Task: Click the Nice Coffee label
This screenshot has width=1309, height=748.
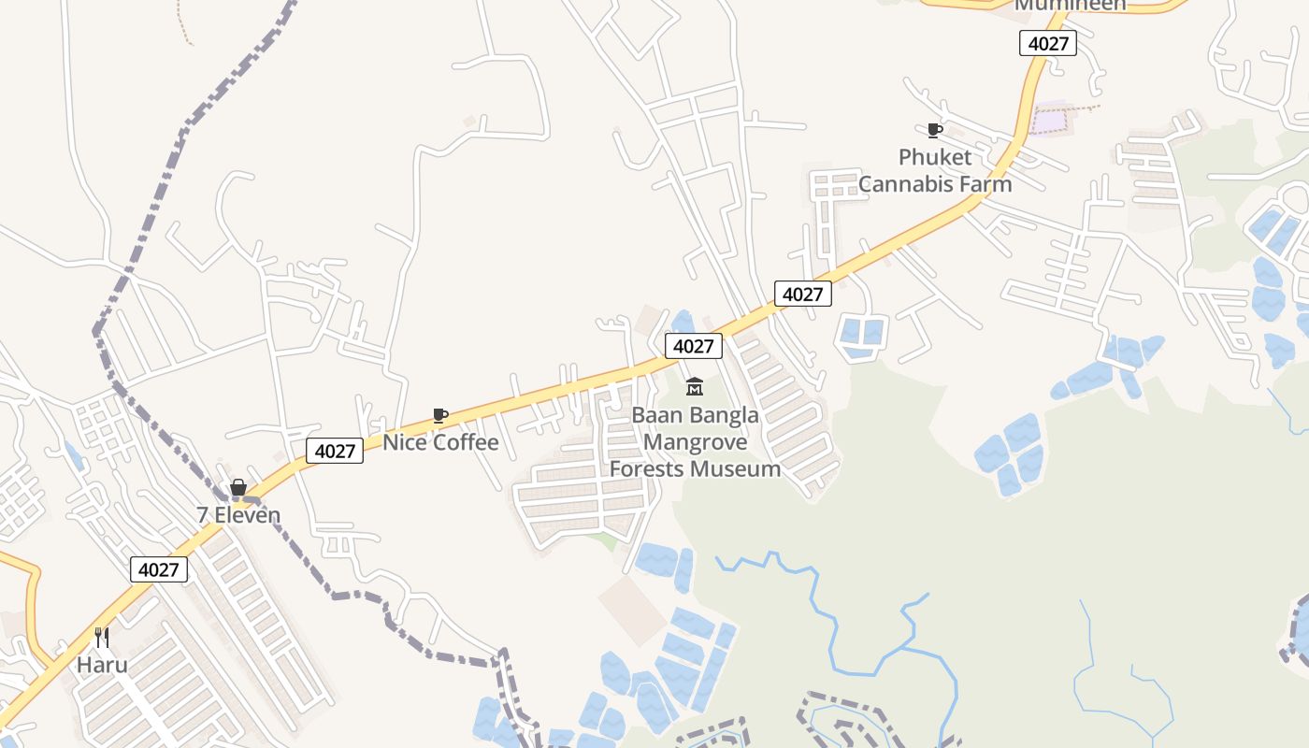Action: coord(440,442)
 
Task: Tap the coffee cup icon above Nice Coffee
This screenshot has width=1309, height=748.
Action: coord(439,415)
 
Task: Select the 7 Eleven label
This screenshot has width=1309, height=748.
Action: coord(238,515)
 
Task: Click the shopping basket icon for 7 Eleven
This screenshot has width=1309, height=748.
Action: coord(238,487)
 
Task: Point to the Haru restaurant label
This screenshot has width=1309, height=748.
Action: coord(102,666)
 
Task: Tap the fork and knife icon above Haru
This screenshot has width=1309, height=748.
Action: coord(102,639)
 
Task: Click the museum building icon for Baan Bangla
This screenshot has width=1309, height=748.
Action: coord(695,385)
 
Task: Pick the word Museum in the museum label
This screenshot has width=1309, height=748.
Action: coord(743,468)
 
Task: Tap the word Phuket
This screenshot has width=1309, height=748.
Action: coord(935,157)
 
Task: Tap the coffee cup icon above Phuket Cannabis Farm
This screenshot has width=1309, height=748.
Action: coord(933,130)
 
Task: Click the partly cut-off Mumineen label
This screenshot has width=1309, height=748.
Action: coord(1071,5)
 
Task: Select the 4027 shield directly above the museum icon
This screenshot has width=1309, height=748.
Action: coord(694,346)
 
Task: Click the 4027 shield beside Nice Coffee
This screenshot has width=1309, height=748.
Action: coord(335,451)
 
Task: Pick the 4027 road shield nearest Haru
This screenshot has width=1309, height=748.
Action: coord(159,569)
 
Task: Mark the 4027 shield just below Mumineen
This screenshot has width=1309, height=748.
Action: coord(1047,43)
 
